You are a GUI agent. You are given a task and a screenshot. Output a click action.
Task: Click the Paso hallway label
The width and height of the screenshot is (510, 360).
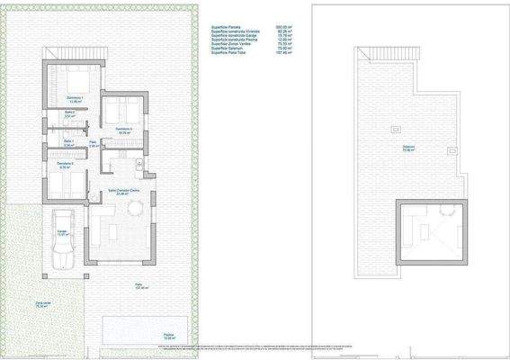(x=93, y=143)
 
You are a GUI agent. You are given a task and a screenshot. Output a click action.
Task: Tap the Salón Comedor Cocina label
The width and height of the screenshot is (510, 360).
(x=123, y=192)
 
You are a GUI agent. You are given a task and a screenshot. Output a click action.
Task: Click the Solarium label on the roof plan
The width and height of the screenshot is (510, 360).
(x=409, y=148)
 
